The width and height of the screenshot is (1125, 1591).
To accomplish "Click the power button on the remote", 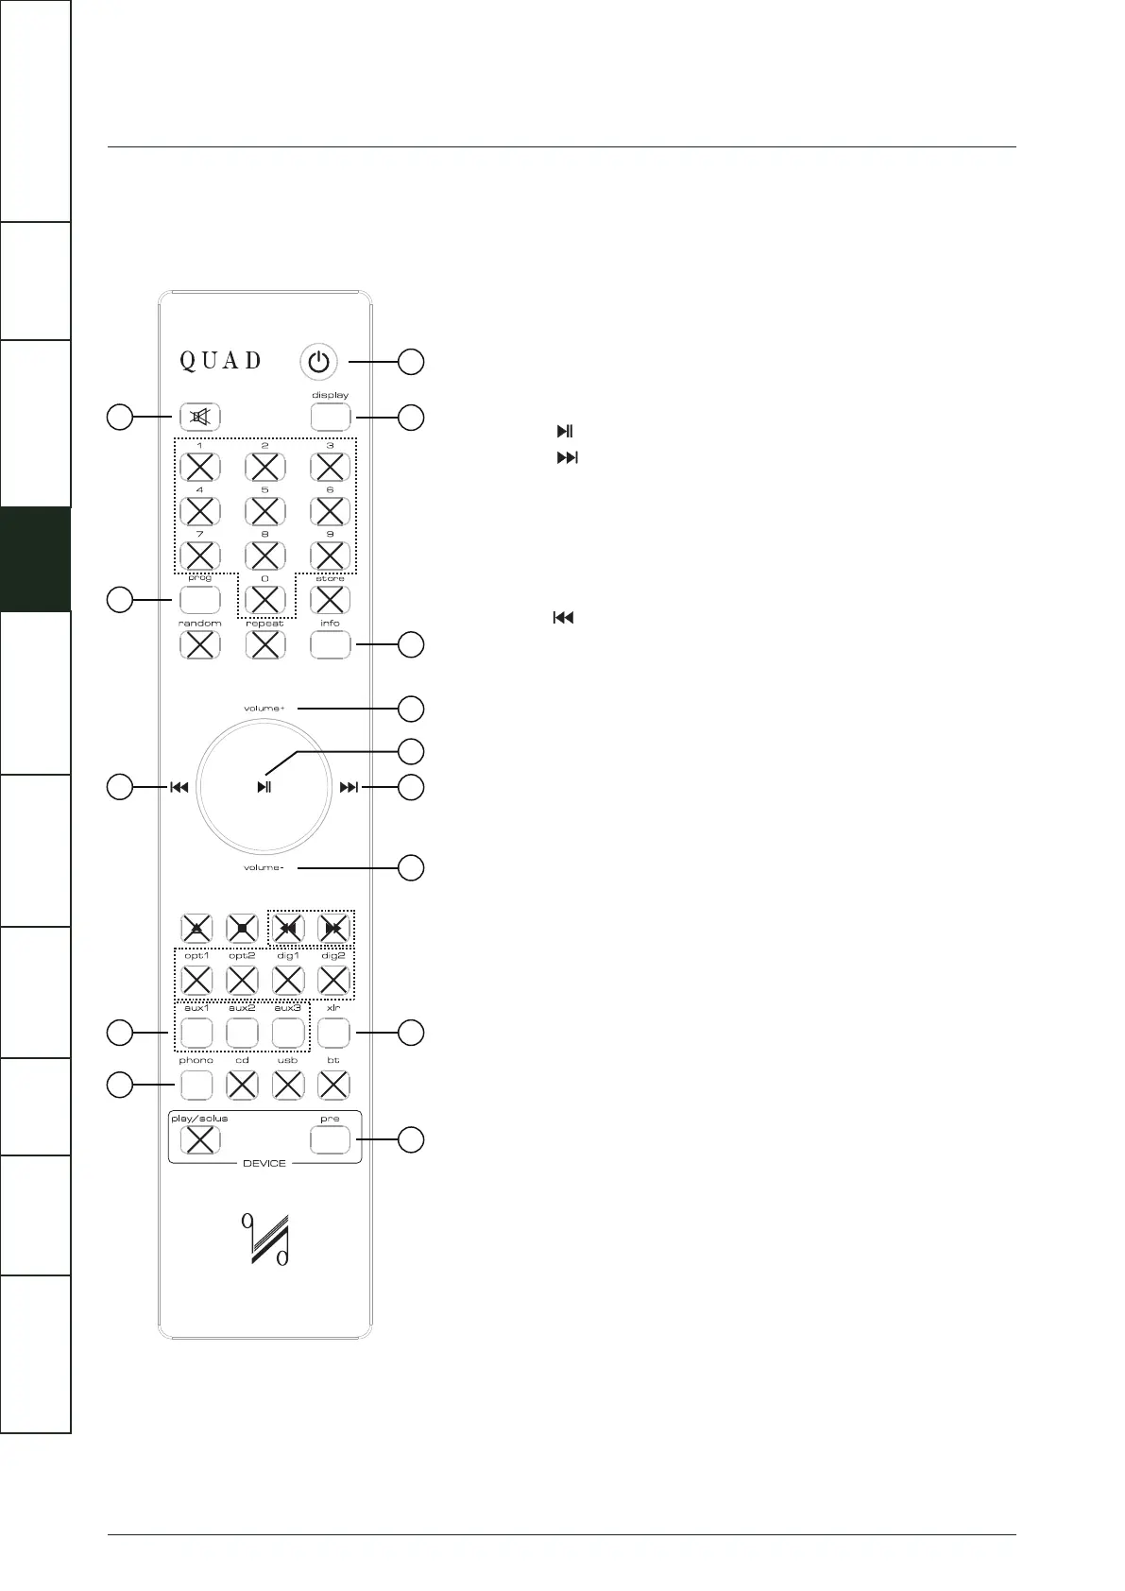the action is click(x=321, y=362).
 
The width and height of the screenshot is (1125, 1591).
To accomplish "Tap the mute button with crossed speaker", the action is click(x=199, y=417).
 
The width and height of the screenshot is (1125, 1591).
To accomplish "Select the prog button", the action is click(x=199, y=599).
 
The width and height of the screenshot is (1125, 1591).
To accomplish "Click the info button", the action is click(x=330, y=644).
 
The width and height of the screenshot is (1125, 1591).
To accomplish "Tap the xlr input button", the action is click(x=332, y=1033).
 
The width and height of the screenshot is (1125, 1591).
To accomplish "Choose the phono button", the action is click(x=196, y=1086).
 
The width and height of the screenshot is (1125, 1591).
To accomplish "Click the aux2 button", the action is click(x=242, y=1033).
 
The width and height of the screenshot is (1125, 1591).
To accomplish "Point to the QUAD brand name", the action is click(x=221, y=361).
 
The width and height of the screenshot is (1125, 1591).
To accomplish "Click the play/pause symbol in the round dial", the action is click(x=264, y=787).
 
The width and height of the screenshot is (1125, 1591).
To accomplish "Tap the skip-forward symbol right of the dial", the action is click(x=349, y=787).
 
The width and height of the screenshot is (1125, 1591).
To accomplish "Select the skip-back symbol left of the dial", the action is click(x=179, y=787).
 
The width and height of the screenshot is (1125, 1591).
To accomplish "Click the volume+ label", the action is click(x=264, y=709).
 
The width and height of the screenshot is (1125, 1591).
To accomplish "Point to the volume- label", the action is click(x=264, y=867).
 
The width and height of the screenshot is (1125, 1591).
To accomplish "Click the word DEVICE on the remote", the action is click(x=264, y=1163).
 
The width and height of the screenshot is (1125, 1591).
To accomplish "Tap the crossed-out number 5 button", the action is click(x=264, y=511).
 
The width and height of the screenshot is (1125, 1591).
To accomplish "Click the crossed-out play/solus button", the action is click(x=199, y=1139).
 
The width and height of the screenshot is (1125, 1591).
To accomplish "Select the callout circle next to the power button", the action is click(x=411, y=362).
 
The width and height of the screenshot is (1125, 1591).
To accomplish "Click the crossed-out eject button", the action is click(x=196, y=929).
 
